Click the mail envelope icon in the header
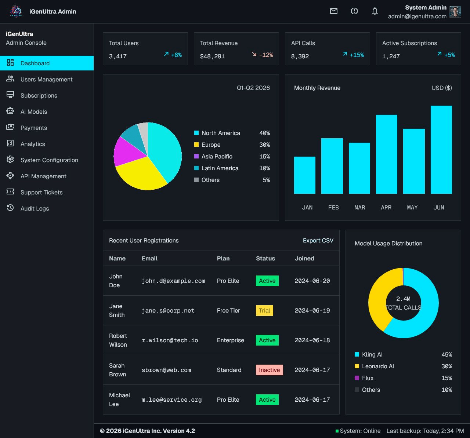(x=333, y=11)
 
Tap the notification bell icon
(x=375, y=11)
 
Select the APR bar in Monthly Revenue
(x=386, y=154)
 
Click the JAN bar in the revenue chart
(x=304, y=175)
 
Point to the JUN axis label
(x=438, y=207)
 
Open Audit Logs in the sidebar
(x=35, y=208)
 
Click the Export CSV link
(x=318, y=241)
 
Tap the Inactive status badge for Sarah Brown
(x=269, y=370)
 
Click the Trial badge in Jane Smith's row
(x=264, y=311)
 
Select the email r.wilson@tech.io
(x=170, y=340)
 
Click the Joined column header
(x=304, y=259)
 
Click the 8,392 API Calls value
(x=300, y=56)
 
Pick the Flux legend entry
(x=368, y=378)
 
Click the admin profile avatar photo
(x=455, y=12)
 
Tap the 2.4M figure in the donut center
(x=403, y=299)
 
